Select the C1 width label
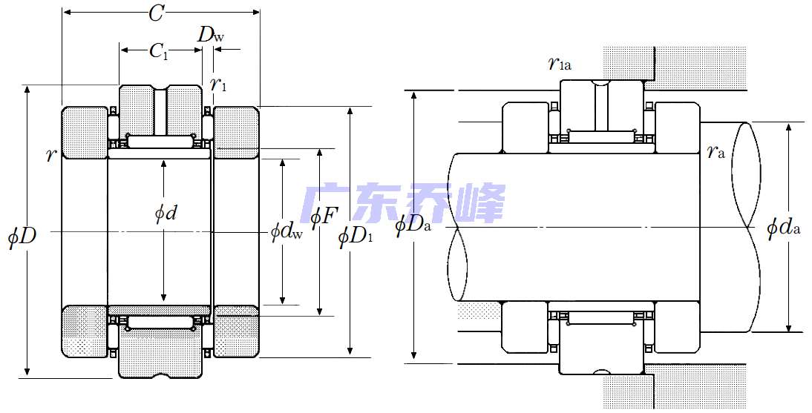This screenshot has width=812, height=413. (x=159, y=50)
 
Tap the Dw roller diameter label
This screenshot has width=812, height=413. (x=209, y=34)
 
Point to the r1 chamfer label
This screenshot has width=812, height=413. (x=218, y=85)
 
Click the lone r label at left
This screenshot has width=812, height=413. (x=51, y=154)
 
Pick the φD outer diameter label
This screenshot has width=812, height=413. (x=22, y=237)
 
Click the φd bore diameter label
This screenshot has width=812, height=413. (x=166, y=214)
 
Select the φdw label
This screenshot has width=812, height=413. (x=287, y=232)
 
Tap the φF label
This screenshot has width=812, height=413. (x=324, y=217)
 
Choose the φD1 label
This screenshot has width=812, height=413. (x=356, y=237)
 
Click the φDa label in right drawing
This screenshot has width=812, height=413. (x=413, y=224)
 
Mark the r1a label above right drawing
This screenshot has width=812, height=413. (x=560, y=64)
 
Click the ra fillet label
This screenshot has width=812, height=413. (x=715, y=153)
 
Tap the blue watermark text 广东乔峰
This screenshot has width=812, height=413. (x=405, y=204)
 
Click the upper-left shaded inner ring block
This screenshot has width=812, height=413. (x=85, y=133)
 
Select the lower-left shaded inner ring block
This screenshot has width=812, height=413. (x=85, y=331)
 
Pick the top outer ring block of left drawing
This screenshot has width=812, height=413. (x=160, y=110)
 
